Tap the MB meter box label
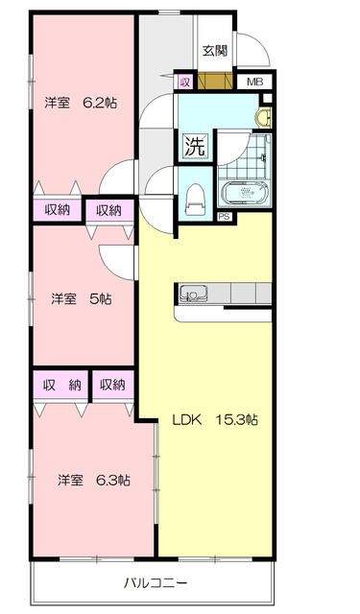[254, 83]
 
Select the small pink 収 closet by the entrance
[184, 83]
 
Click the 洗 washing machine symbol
[194, 147]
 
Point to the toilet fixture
[194, 199]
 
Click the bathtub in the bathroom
[247, 193]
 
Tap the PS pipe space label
[224, 216]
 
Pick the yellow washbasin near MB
[261, 118]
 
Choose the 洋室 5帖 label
[81, 299]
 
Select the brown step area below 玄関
[215, 83]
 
